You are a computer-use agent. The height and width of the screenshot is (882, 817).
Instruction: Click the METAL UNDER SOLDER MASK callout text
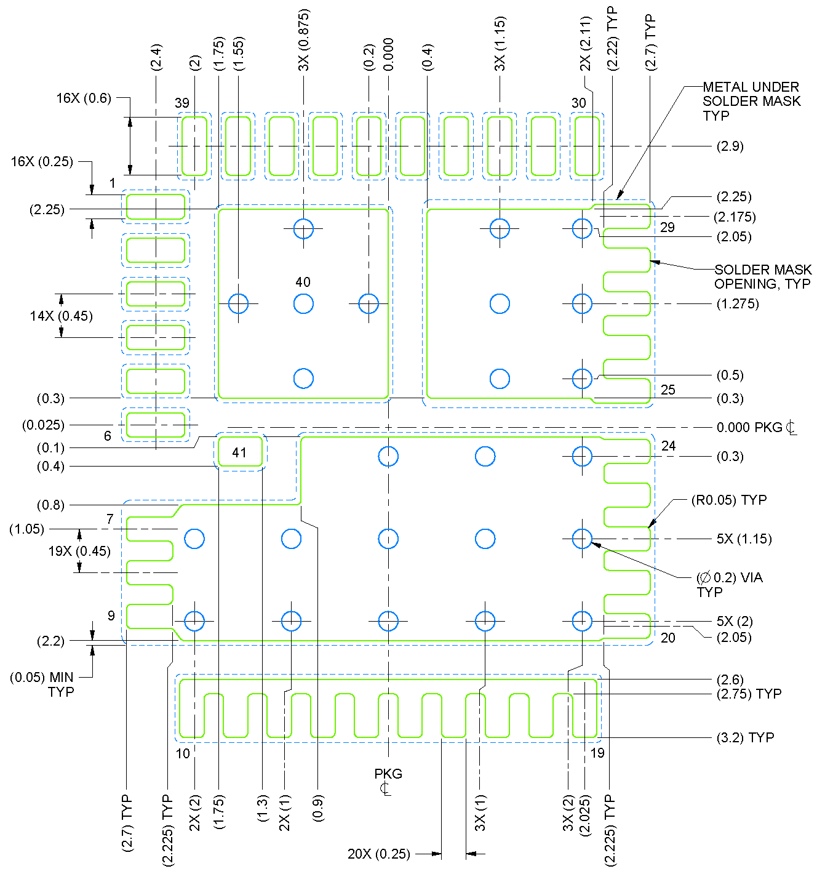751,101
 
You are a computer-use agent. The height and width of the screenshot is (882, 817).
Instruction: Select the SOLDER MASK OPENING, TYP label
762,277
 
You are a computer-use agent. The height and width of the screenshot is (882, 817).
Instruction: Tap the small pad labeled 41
240,452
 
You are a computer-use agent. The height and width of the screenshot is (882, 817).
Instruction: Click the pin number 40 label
303,282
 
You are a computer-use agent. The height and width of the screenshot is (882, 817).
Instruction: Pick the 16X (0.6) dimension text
84,98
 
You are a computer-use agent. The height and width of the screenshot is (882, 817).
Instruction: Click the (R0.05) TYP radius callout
729,500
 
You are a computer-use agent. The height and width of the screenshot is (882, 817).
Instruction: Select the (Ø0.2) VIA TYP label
729,584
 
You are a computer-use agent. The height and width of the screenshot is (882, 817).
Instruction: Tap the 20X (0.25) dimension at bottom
378,854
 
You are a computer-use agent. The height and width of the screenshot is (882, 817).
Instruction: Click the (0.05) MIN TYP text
42,684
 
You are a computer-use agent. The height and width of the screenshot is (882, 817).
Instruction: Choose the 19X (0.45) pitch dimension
79,551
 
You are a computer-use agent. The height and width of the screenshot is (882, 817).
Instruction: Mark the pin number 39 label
182,103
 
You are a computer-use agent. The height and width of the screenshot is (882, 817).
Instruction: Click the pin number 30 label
578,103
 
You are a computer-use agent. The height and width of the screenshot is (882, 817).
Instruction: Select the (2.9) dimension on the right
730,146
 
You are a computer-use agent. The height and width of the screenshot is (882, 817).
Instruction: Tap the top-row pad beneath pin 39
194,146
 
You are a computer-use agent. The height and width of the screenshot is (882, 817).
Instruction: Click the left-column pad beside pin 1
155,207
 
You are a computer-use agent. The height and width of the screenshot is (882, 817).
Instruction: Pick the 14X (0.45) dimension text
62,316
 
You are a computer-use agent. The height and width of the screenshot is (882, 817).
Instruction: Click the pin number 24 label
668,446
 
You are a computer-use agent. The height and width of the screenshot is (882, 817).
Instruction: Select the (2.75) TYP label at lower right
749,694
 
